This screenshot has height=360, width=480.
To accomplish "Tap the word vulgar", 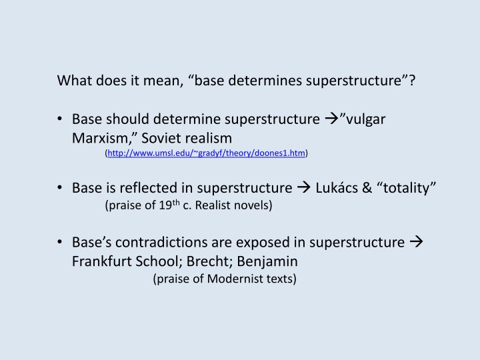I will [365, 119].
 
